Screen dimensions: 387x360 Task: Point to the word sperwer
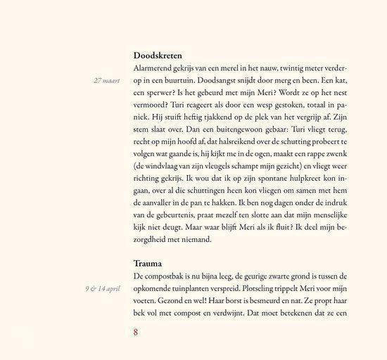164,94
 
